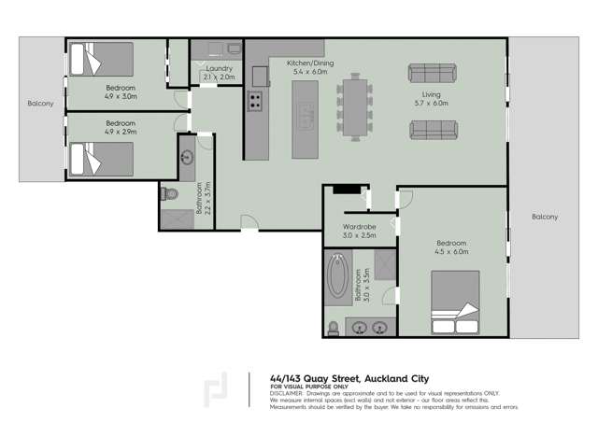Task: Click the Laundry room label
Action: [x=219, y=68]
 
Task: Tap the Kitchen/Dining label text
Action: [x=300, y=63]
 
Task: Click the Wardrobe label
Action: [x=359, y=226]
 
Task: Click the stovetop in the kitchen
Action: [x=254, y=102]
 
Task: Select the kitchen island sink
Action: [x=306, y=118]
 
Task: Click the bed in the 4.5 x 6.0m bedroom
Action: [x=455, y=303]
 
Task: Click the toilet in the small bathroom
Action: [x=169, y=193]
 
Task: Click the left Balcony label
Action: [x=40, y=103]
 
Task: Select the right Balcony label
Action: [x=545, y=217]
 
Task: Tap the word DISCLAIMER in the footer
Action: [x=286, y=393]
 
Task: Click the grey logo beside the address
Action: [x=216, y=390]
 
